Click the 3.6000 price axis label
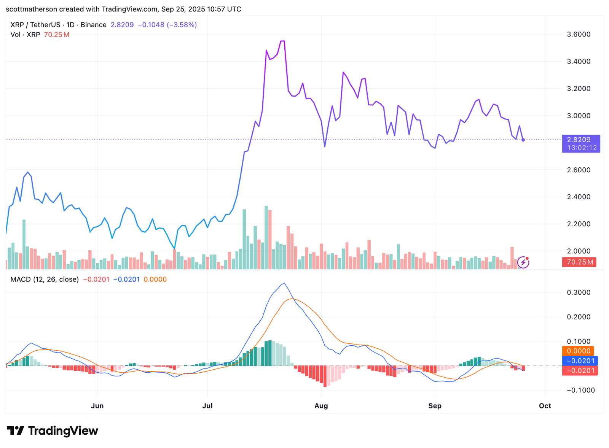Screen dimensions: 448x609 click(x=579, y=34)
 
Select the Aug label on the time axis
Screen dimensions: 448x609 click(x=321, y=406)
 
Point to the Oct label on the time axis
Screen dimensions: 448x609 click(x=545, y=406)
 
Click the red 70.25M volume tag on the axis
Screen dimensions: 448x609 click(x=579, y=262)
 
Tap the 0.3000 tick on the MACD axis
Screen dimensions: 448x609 click(x=579, y=292)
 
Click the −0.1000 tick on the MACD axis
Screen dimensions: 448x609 click(x=580, y=390)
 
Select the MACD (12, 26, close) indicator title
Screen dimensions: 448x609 click(x=45, y=280)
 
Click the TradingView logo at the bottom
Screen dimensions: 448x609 click(x=53, y=431)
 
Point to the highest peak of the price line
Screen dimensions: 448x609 click(x=282, y=41)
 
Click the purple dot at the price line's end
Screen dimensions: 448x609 click(x=523, y=140)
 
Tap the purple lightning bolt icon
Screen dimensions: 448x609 click(x=523, y=262)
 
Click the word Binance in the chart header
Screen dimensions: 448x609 click(x=93, y=25)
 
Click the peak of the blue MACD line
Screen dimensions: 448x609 click(x=284, y=283)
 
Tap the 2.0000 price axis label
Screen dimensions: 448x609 click(x=579, y=251)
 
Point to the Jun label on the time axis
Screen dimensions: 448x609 click(x=97, y=406)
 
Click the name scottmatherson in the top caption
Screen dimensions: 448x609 click(x=31, y=9)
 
